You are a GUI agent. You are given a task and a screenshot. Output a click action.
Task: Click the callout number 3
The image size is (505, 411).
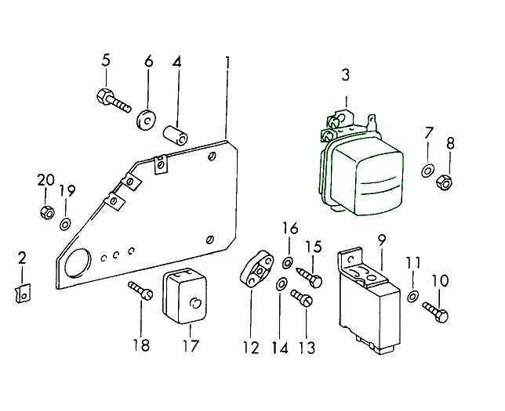click(345, 75)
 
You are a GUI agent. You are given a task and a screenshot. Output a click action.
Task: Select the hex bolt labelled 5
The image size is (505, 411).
click(112, 100)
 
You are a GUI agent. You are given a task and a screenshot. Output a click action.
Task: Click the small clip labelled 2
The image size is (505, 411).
click(21, 292)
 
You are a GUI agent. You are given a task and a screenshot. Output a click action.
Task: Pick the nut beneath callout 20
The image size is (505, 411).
click(45, 211)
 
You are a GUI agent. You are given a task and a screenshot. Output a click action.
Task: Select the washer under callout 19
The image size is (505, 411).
click(64, 225)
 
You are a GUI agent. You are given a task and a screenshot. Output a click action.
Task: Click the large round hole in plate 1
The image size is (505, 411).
click(76, 263)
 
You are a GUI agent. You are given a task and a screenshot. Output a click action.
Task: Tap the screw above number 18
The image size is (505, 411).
click(140, 290)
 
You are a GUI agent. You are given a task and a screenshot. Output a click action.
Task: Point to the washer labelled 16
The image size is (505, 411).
click(288, 260)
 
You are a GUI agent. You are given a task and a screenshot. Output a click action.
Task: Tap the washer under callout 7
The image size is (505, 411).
click(427, 170)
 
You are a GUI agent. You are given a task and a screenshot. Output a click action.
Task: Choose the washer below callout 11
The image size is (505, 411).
click(412, 296)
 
